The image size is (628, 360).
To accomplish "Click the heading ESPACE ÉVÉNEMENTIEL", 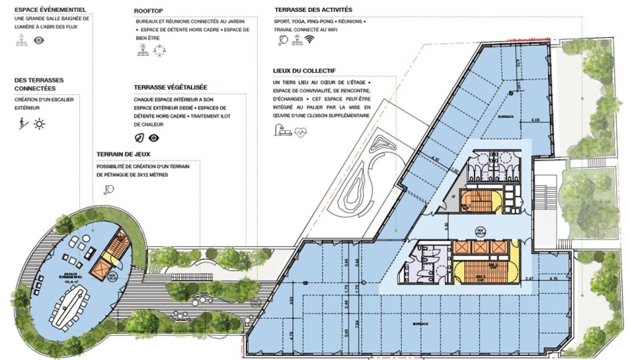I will tap(50, 9).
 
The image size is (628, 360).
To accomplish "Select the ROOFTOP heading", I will tap(149, 11).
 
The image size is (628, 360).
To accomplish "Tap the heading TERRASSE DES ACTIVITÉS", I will tap(313, 10).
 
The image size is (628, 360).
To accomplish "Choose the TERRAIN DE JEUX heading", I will tap(123, 154).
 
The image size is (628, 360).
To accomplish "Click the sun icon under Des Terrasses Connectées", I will tap(39, 124).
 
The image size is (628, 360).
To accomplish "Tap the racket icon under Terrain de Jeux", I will tap(109, 189).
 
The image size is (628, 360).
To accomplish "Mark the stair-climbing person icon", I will tap(21, 124).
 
